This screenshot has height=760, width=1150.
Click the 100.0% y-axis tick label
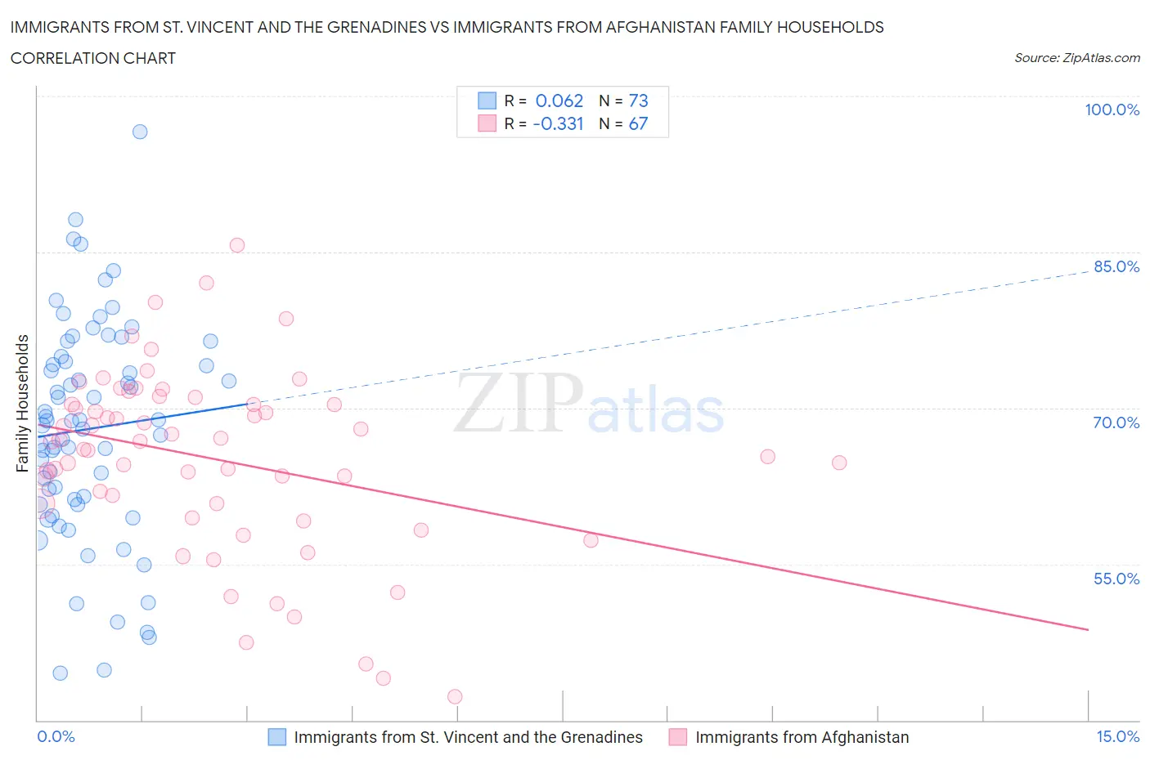click(1112, 110)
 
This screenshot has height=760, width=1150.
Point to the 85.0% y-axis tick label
click(1116, 267)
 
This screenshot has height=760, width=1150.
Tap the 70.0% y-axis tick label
click(1116, 423)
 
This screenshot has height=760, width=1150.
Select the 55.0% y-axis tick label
click(1116, 579)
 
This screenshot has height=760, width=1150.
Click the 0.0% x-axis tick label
click(56, 737)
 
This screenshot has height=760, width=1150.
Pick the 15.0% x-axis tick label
click(1117, 737)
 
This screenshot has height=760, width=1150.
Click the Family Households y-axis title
click(23, 403)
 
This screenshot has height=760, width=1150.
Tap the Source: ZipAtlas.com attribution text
click(1076, 58)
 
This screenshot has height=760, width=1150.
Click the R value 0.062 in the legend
click(559, 101)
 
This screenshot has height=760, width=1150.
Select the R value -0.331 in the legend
click(558, 124)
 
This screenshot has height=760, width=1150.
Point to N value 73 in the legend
click(638, 101)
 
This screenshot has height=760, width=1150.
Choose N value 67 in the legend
click(638, 124)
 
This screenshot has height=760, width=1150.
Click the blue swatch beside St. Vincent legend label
click(277, 737)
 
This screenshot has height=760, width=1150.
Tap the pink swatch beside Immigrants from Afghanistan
click(677, 737)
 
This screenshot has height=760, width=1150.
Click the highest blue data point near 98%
click(140, 132)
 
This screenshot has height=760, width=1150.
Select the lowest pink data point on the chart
click(455, 697)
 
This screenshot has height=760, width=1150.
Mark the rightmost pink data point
click(838, 463)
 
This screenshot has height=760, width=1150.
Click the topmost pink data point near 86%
click(237, 245)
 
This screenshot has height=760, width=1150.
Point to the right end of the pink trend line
click(1088, 629)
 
